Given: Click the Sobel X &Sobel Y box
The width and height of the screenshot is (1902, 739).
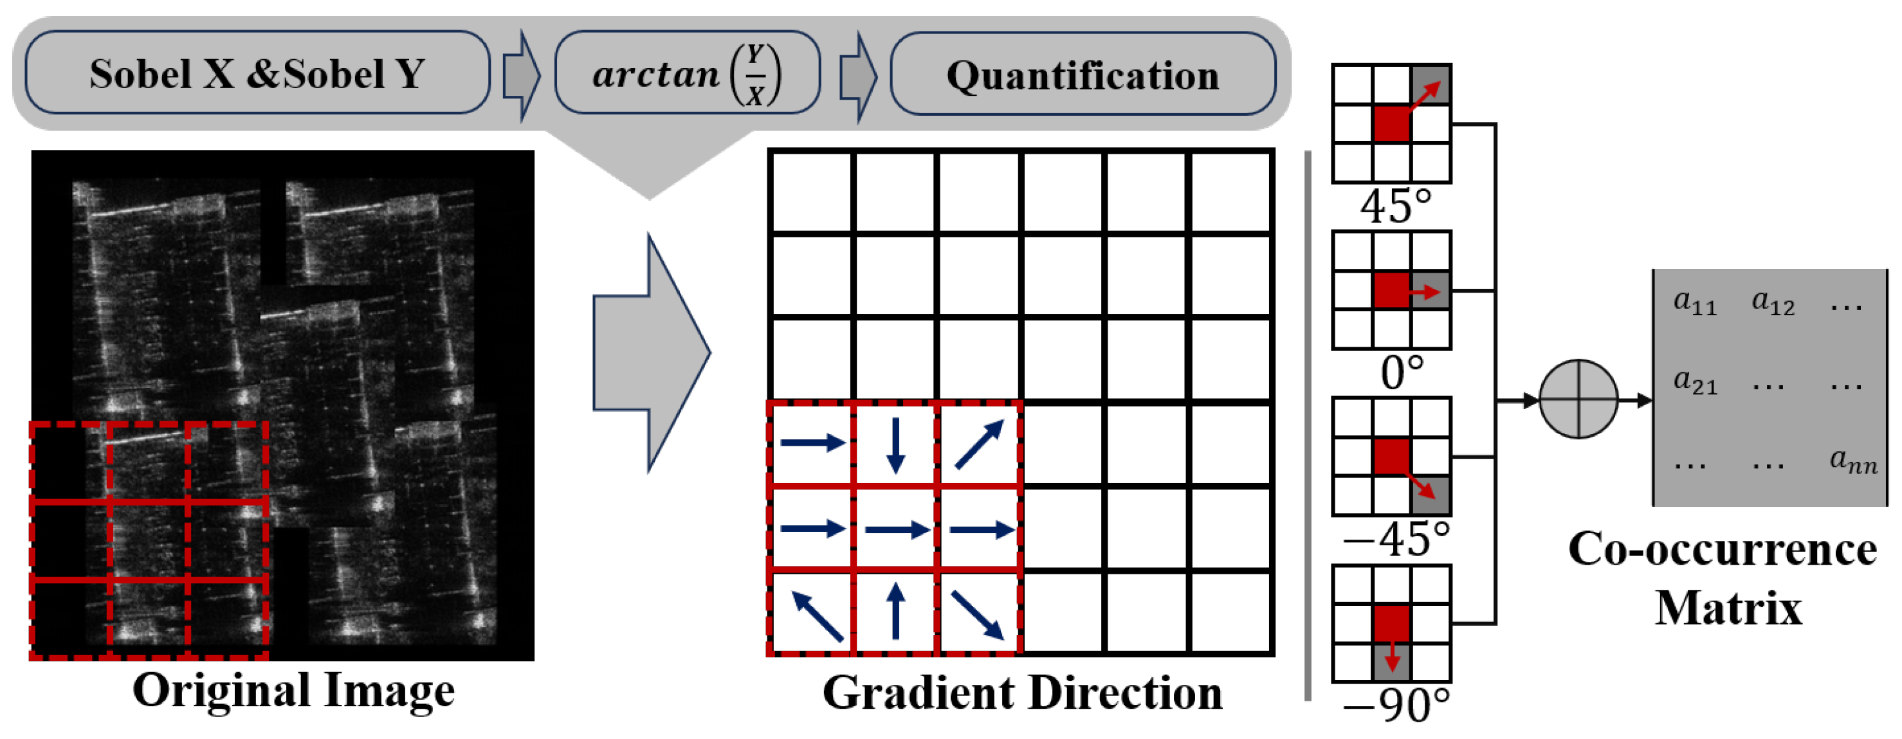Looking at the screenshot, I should pos(257,73).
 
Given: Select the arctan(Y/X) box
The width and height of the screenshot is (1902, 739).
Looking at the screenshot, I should pos(687,73).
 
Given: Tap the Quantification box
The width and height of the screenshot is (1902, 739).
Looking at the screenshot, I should pos(1083,75).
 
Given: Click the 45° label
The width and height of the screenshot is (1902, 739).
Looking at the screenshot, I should pos(1396,206).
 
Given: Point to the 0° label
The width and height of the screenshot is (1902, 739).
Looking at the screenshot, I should pos(1402,373).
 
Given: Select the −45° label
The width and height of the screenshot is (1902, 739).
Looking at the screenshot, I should pos(1396,540).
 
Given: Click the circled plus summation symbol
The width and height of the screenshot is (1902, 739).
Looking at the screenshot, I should pos(1578,399).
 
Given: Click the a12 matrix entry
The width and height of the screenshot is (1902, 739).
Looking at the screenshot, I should pos(1773,302).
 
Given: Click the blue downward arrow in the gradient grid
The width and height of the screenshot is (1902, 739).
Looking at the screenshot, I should pos(895,444).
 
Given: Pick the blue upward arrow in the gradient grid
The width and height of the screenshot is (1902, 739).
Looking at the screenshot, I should pos(895,611).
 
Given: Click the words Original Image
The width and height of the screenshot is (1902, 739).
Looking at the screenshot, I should pos(293,690).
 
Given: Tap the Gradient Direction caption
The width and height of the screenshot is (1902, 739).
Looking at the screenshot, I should pos(1022,693).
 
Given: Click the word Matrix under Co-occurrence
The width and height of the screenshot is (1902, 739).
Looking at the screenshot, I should pos(1728,609).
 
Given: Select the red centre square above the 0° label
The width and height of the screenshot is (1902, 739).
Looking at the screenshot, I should pos(1391,290).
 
